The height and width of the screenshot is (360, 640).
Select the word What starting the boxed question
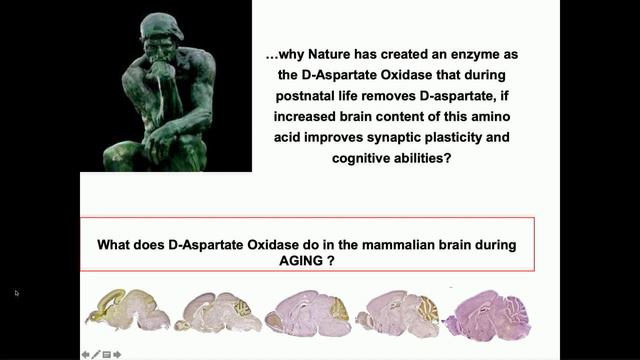pyautogui.click(x=115, y=242)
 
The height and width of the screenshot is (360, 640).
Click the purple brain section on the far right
pyautogui.click(x=488, y=312)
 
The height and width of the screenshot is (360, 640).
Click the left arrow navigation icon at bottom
pyautogui.click(x=86, y=353)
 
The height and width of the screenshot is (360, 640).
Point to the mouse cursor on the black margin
pyautogui.click(x=16, y=293)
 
